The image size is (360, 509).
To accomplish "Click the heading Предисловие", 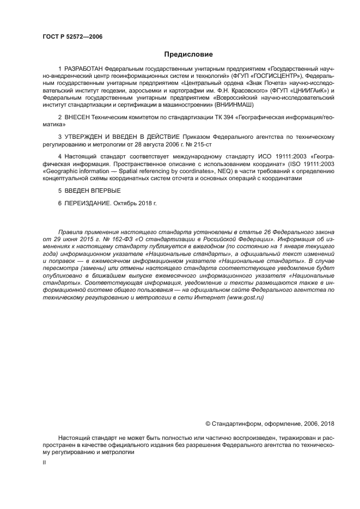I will coord(188,54).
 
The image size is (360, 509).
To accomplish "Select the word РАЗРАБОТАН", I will coord(83,69).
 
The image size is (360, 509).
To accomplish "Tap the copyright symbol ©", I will coord(208,423).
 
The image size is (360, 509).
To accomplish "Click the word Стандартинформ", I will coord(238,423).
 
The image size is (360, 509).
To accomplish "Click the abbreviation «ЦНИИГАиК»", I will coord(301,90).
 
